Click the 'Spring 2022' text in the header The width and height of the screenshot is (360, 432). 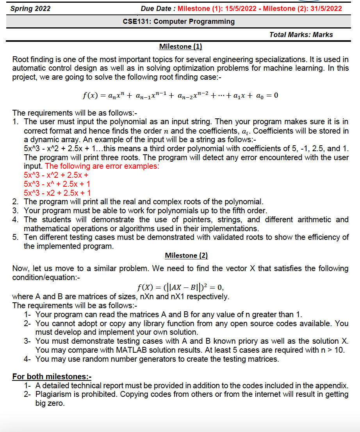30,8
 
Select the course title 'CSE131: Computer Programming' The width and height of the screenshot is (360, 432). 179,21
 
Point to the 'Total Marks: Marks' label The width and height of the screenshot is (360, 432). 301,35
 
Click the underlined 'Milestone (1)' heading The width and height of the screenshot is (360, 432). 180,46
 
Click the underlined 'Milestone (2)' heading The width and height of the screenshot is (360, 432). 186,255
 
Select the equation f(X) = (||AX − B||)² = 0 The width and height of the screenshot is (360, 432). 180,288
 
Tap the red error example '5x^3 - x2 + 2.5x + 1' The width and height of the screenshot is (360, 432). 57,193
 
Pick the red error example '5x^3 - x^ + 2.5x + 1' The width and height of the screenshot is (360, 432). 57,184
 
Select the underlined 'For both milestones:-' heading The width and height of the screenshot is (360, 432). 52,377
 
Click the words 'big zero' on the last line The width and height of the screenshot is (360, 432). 50,403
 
